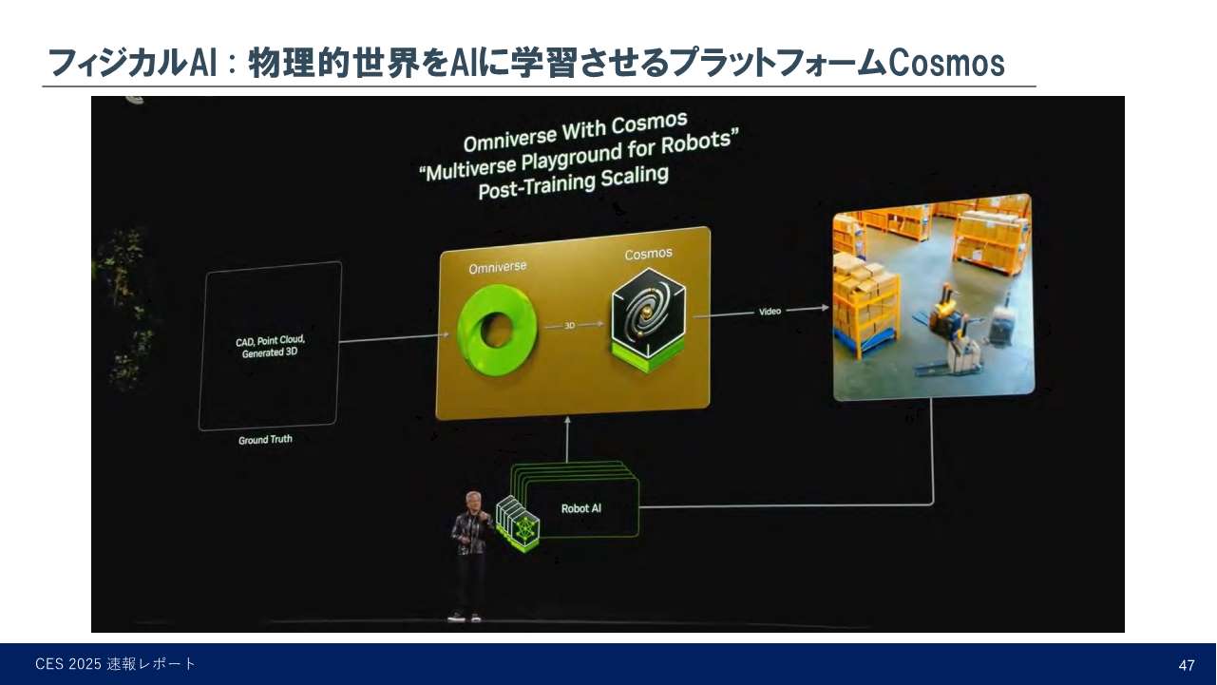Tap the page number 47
click(x=1186, y=665)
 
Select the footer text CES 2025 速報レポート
click(x=116, y=664)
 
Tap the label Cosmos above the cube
click(x=648, y=254)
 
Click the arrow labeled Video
click(x=770, y=312)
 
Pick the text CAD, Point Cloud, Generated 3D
click(x=271, y=346)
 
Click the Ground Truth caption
click(x=265, y=441)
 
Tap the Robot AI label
click(x=580, y=508)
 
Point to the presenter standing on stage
click(x=468, y=556)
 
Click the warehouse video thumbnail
click(x=932, y=296)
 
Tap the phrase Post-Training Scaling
click(x=573, y=179)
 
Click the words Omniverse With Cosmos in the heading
click(x=575, y=131)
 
